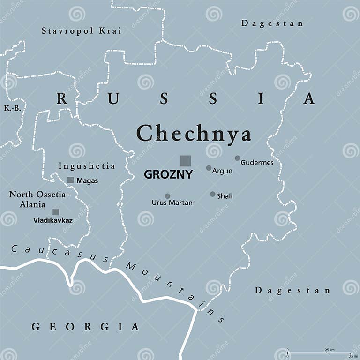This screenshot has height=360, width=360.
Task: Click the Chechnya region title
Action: click(x=194, y=134)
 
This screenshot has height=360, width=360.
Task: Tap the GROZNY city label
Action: click(x=168, y=175)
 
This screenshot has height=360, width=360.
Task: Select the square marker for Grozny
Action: click(x=186, y=160)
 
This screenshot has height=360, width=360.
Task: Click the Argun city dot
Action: click(x=209, y=168)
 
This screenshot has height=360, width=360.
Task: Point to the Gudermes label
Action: click(x=257, y=163)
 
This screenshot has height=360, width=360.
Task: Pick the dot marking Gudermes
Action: click(x=238, y=158)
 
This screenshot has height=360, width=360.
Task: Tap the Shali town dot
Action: click(x=212, y=194)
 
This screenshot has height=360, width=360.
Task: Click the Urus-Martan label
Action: click(x=172, y=203)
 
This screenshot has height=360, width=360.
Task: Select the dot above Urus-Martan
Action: click(x=167, y=196)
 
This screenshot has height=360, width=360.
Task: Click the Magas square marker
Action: click(x=70, y=180)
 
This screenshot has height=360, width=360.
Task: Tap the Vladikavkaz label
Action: click(x=52, y=219)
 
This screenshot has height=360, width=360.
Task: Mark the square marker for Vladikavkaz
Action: click(x=56, y=212)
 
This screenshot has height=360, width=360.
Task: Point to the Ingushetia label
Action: click(x=87, y=166)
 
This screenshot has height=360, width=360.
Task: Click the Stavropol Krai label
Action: click(x=81, y=31)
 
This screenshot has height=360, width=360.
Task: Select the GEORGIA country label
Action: click(x=85, y=327)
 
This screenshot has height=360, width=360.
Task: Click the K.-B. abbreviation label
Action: click(x=12, y=108)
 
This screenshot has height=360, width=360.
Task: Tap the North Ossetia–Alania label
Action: click(x=39, y=199)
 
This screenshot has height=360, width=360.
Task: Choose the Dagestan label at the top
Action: click(x=272, y=23)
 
